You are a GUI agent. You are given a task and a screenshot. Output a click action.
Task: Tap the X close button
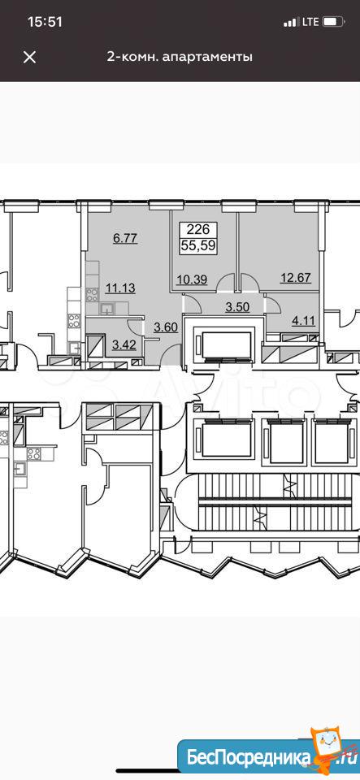(30, 57)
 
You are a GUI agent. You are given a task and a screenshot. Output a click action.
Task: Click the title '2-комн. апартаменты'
(180, 57)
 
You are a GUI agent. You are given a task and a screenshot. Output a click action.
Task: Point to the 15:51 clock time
(45, 22)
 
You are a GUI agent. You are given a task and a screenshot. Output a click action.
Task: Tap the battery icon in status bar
(334, 22)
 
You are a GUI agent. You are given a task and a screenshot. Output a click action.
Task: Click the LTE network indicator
(310, 22)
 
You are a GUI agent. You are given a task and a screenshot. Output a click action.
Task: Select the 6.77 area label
(125, 238)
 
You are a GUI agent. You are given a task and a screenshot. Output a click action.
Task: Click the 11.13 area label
(121, 287)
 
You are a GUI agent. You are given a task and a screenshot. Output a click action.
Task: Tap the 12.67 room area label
(297, 278)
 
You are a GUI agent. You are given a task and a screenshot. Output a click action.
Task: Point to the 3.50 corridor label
(237, 308)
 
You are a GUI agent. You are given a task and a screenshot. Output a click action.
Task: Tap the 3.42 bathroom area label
(124, 343)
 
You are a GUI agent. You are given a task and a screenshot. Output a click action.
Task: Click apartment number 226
(198, 230)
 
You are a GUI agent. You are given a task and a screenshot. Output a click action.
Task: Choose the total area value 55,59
(198, 245)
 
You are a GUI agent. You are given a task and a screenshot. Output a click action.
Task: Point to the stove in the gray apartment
(92, 296)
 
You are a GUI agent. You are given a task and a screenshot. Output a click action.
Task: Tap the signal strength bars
(290, 23)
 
